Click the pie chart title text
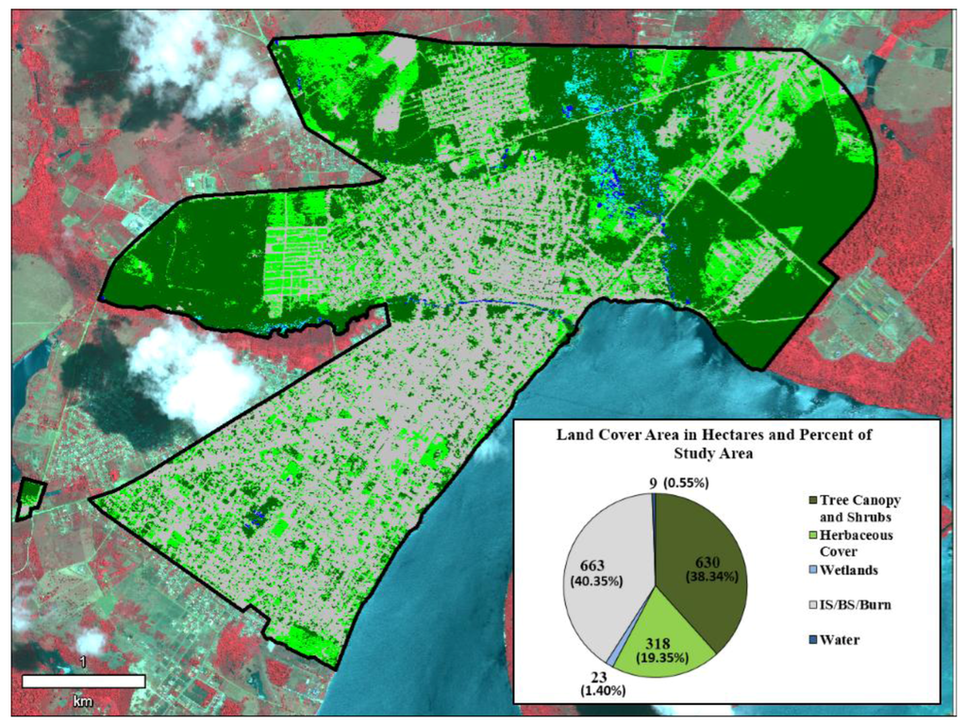(716, 443)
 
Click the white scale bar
(84, 681)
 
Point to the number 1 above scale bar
(84, 663)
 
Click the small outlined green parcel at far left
(31, 499)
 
